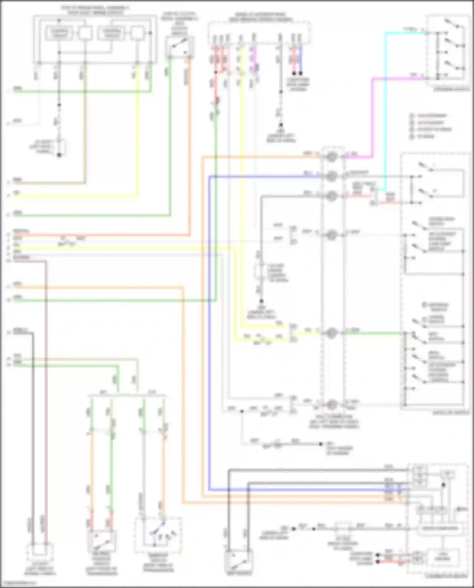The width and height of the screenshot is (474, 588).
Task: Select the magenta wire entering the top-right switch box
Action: coord(398,78)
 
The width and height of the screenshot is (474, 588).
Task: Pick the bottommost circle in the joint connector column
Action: coord(331,404)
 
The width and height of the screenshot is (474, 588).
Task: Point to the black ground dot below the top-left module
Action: coord(59,155)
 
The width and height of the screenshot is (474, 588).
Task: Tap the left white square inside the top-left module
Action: coord(85,33)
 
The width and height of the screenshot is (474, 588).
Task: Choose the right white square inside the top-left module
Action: coord(137,33)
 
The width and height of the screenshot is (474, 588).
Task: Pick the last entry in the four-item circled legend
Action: coord(423,136)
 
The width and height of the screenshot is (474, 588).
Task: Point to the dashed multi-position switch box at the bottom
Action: coord(158,536)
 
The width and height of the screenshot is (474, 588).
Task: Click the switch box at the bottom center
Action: coord(239,561)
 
